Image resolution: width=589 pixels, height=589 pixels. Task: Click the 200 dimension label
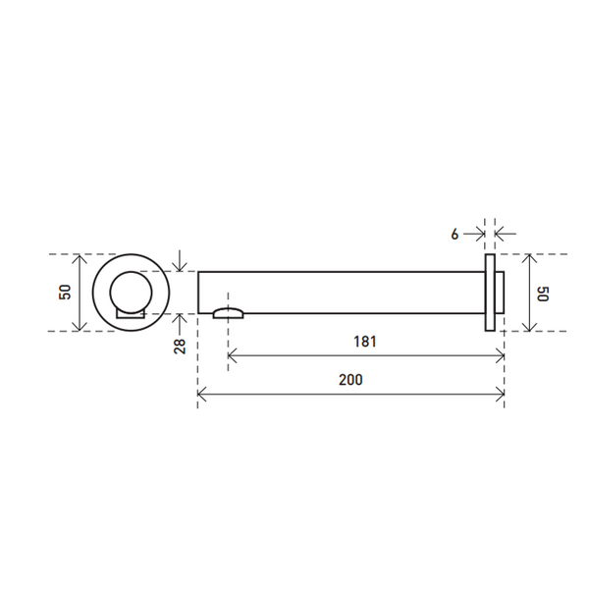[x=350, y=380]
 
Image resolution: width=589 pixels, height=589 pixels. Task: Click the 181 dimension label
[x=365, y=342]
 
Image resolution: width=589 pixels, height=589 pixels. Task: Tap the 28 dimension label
[x=180, y=346]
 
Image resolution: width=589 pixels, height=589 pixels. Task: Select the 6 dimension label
[x=455, y=235]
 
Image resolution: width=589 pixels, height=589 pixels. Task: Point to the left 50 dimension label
[x=65, y=293]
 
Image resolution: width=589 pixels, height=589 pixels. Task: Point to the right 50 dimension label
[x=543, y=294]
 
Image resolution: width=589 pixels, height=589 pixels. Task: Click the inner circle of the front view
[x=132, y=292]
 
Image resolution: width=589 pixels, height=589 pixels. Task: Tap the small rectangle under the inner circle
[x=131, y=314]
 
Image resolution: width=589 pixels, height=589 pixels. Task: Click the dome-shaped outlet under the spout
[x=228, y=313]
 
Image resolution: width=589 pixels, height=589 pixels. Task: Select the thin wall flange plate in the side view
[x=490, y=293]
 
